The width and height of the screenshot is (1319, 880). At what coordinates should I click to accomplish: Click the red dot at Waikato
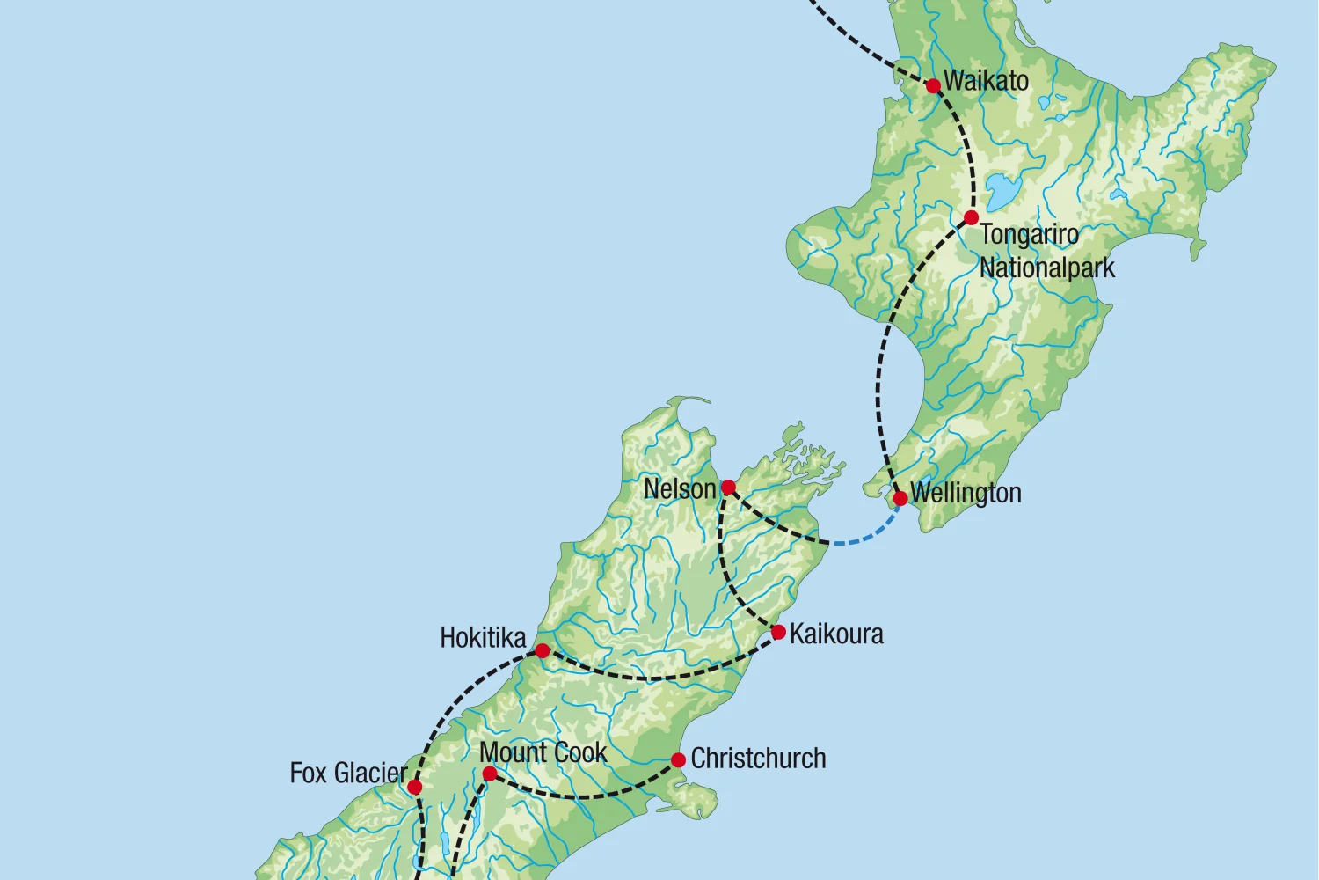point(933,85)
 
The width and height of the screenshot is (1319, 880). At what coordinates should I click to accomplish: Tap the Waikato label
point(986,81)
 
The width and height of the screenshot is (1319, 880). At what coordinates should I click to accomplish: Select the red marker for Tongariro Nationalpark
point(971,217)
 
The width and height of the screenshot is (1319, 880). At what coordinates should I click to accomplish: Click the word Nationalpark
point(1046,268)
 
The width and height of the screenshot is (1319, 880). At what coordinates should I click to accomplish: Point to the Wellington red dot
point(900,499)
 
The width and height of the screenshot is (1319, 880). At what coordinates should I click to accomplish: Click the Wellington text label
point(966,493)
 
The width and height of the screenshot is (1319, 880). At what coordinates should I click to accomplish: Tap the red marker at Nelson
point(728,488)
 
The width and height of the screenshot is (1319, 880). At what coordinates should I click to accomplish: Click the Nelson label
point(680,488)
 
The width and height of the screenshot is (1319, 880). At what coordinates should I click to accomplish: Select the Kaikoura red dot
point(778,632)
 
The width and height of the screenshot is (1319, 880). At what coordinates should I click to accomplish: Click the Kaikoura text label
point(836,634)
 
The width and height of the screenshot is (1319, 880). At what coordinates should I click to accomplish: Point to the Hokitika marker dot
point(543,651)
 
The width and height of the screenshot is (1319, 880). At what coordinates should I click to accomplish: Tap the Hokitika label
point(483,638)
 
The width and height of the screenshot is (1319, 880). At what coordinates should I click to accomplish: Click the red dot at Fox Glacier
point(414,787)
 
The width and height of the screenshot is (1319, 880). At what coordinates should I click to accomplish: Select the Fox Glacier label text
point(348,774)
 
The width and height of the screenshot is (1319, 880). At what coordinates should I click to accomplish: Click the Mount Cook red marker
point(490,774)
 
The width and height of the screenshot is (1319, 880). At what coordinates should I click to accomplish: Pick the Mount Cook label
point(543,752)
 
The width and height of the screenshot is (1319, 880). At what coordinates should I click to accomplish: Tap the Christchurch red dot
point(678,759)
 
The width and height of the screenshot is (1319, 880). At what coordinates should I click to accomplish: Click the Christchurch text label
point(758,759)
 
